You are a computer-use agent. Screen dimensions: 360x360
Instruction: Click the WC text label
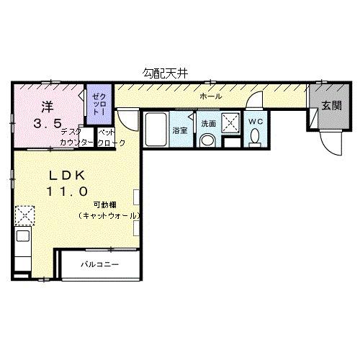tap(256, 122)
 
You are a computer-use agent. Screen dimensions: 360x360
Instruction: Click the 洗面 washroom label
tap(208, 123)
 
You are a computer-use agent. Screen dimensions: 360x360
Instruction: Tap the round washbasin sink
tap(207, 140)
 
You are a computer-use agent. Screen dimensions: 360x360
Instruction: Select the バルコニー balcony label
tap(99, 264)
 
